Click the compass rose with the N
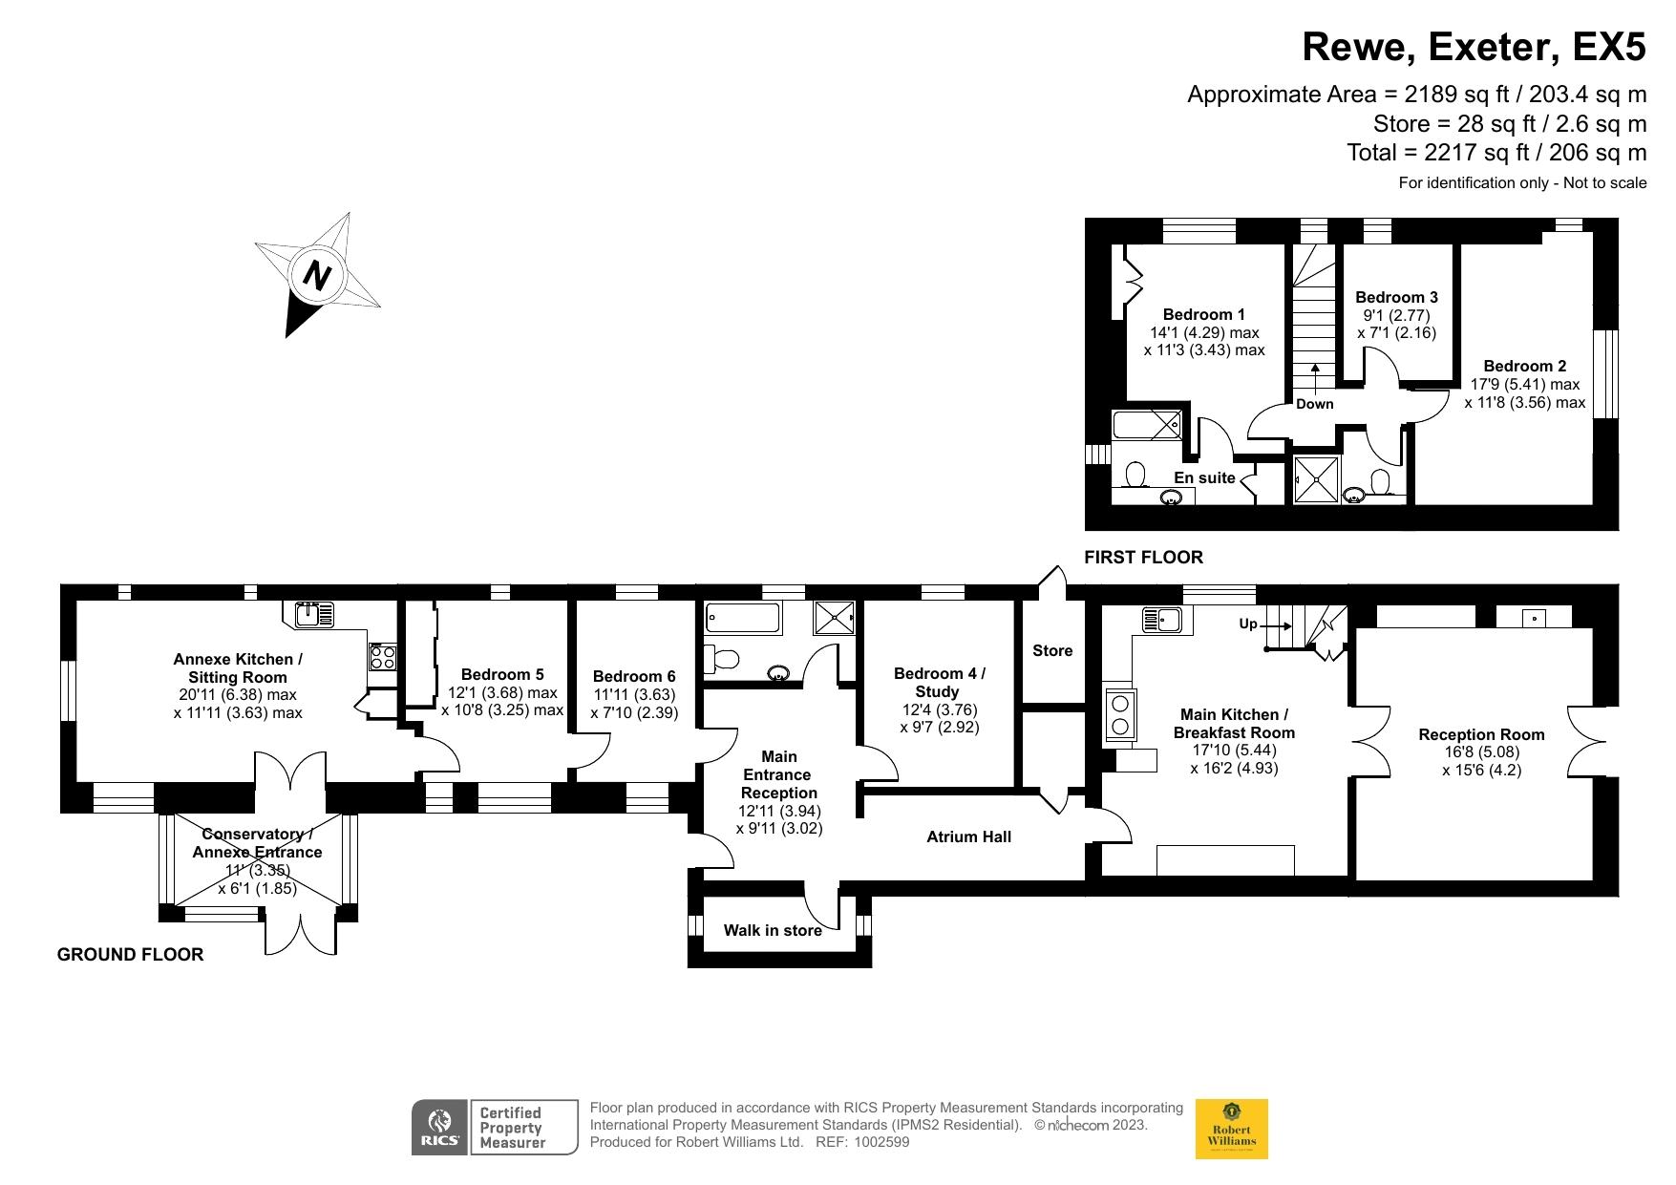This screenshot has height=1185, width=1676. tap(317, 276)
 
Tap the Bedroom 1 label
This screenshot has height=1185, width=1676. tap(1203, 314)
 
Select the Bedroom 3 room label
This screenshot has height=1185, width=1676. tap(1396, 297)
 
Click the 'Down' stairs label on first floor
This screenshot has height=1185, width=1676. tap(1314, 404)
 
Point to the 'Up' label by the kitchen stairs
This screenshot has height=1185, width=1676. tap(1248, 624)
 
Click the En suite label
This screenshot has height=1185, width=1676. tap(1204, 477)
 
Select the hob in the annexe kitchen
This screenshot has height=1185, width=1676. tap(383, 657)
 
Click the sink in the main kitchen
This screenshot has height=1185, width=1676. tap(1161, 620)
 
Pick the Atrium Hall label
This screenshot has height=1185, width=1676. tap(968, 836)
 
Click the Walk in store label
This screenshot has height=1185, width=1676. tap(773, 930)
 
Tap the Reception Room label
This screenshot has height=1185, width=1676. tap(1481, 734)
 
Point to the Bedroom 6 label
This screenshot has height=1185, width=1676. tap(634, 676)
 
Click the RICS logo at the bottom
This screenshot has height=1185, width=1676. tap(439, 1128)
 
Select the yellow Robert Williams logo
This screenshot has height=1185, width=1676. tap(1231, 1129)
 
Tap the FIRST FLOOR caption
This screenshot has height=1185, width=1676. tap(1143, 557)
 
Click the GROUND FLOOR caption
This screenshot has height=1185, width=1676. tap(130, 954)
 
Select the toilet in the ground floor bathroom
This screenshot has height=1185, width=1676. tap(723, 658)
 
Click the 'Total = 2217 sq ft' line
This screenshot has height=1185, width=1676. tap(1496, 153)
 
